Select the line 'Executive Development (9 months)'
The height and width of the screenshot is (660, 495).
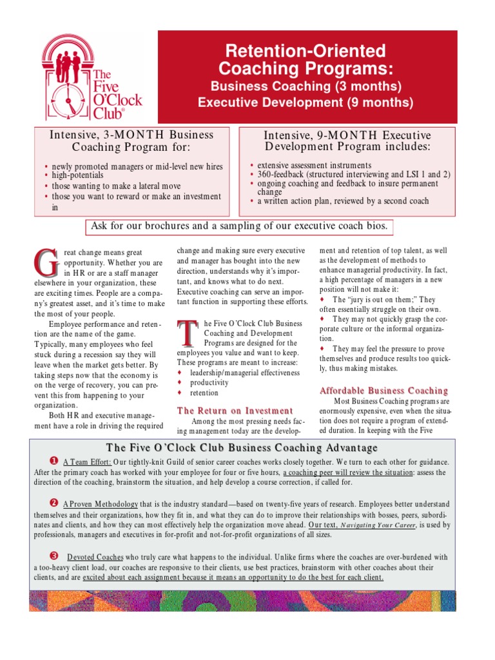click(x=306, y=102)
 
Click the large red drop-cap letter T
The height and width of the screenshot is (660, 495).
click(x=187, y=333)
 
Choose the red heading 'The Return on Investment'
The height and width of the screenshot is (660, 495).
click(x=235, y=411)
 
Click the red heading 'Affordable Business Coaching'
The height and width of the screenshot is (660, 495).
click(x=383, y=391)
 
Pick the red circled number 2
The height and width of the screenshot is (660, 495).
click(x=54, y=501)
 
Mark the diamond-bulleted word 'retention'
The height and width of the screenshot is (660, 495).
click(x=204, y=393)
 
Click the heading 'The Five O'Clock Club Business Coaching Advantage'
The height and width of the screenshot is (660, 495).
click(x=242, y=447)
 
